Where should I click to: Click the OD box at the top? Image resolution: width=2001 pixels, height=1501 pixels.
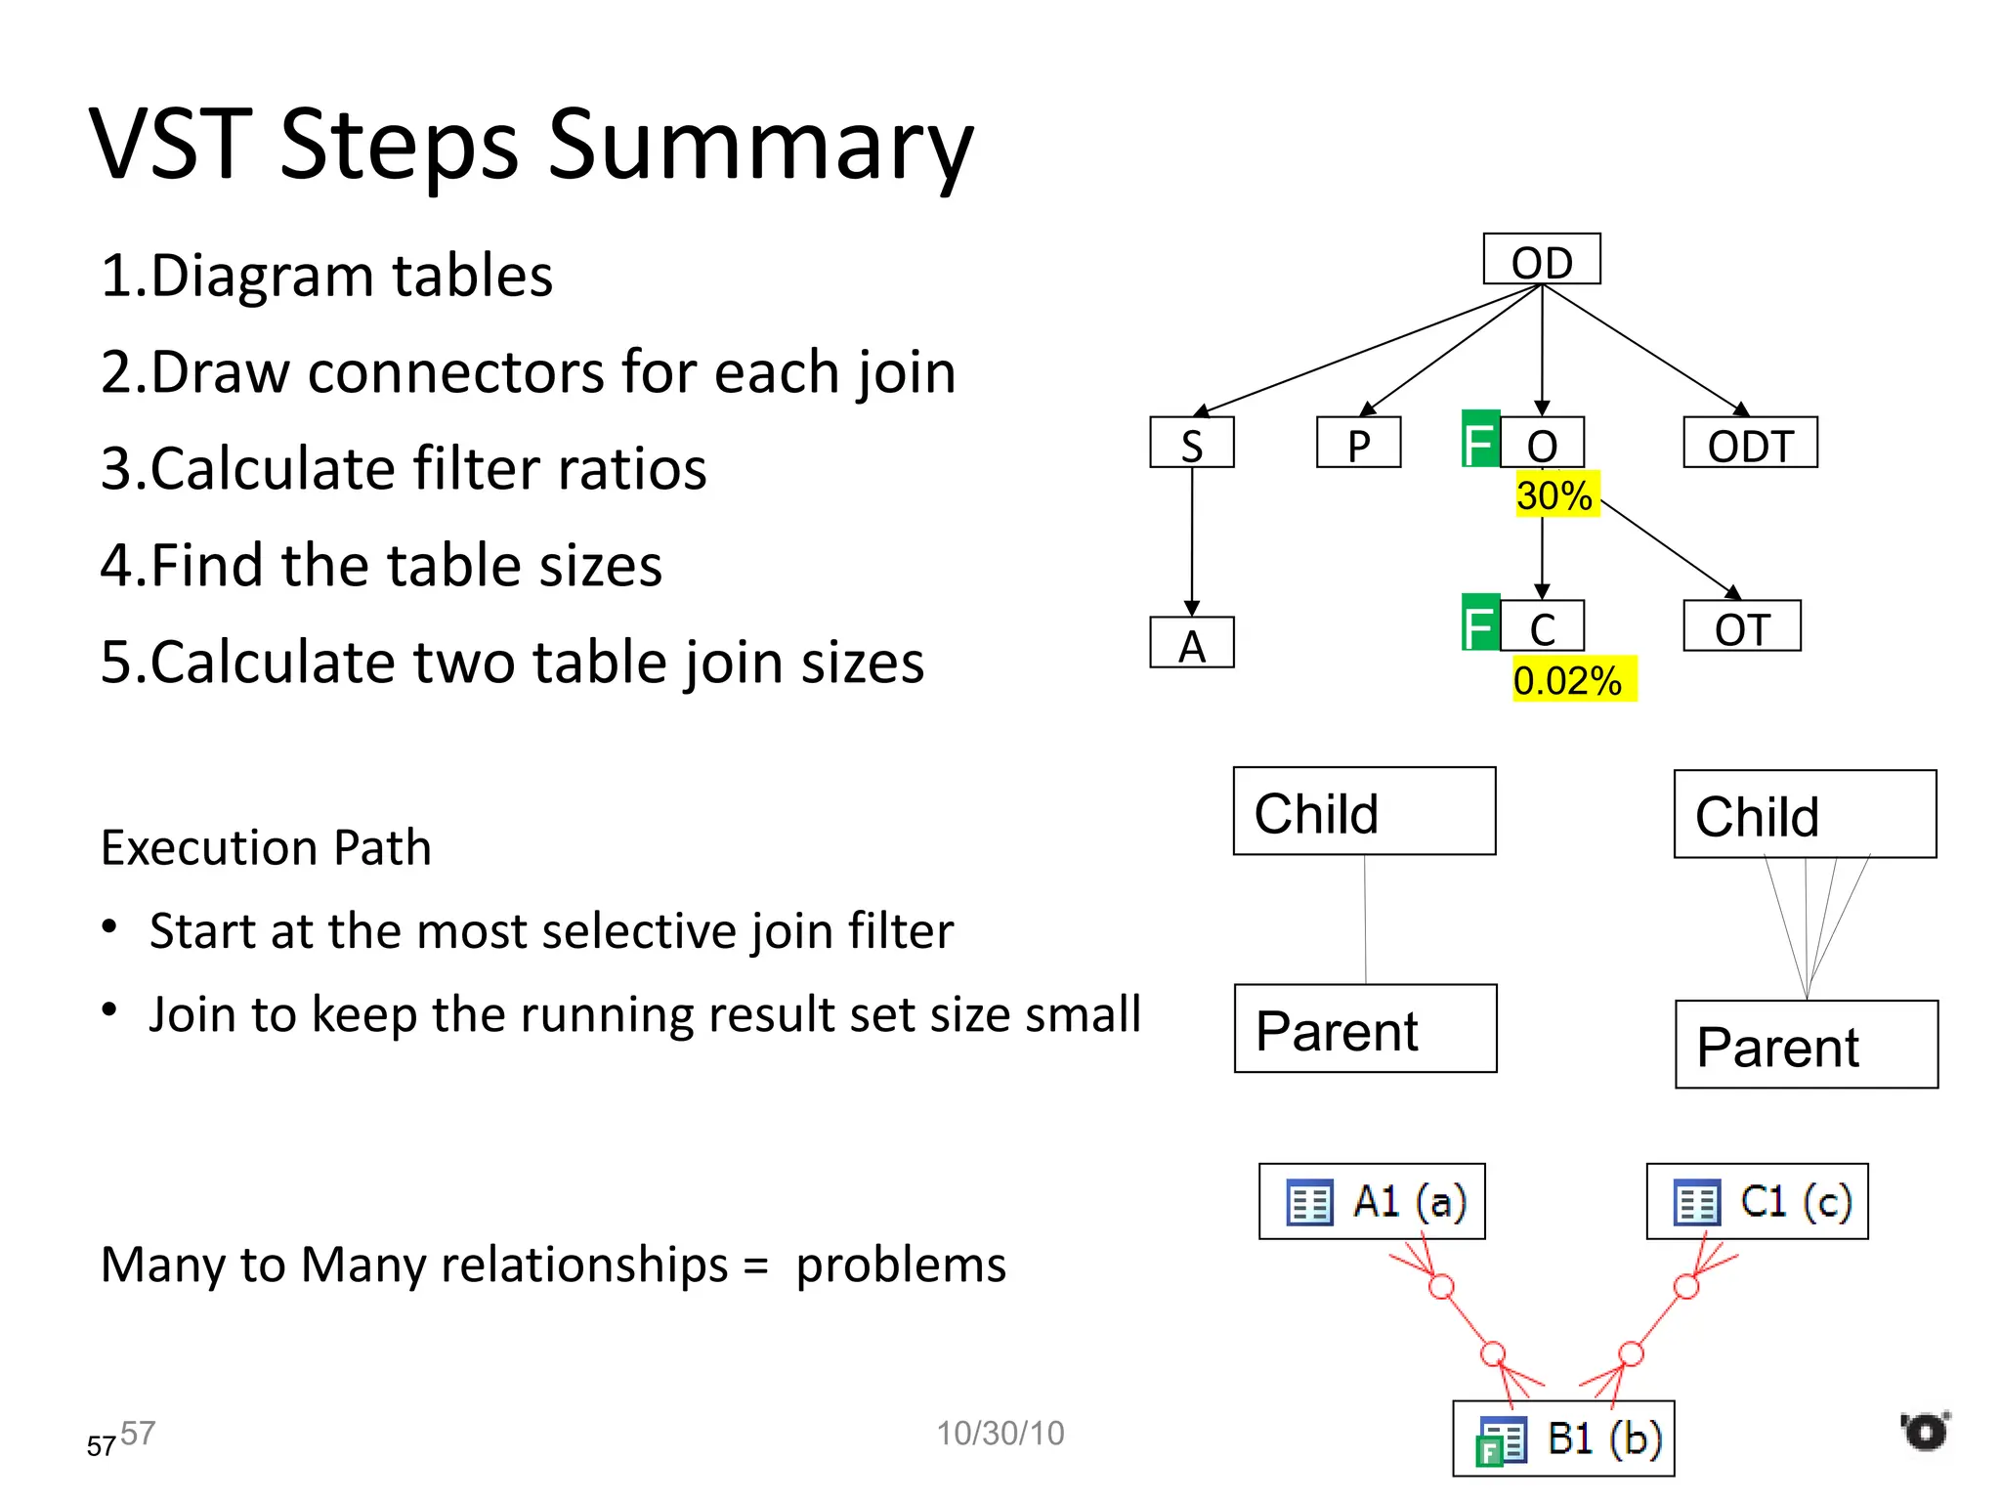click(1541, 259)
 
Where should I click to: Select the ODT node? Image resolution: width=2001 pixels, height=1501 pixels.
click(1749, 443)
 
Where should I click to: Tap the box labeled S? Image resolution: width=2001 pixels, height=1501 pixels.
click(1191, 443)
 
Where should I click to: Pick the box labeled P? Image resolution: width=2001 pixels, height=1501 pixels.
click(1358, 443)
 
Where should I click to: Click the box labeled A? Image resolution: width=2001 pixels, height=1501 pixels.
click(1191, 643)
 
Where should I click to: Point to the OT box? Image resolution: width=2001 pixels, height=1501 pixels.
click(1741, 626)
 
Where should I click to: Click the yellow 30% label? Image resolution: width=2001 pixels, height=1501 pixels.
click(1555, 494)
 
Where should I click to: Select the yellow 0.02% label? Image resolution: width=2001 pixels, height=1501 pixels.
click(1572, 679)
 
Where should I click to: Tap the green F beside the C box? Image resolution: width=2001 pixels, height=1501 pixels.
click(1479, 623)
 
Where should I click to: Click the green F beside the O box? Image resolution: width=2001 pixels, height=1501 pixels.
click(1479, 440)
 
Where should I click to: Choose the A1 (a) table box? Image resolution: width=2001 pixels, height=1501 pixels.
click(1371, 1201)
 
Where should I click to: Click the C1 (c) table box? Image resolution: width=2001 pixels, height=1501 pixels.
click(1757, 1201)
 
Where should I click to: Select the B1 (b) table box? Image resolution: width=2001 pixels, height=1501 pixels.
click(1563, 1438)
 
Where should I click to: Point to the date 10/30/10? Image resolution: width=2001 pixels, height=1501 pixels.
click(1000, 1433)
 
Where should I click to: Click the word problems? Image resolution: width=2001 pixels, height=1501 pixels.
click(900, 1265)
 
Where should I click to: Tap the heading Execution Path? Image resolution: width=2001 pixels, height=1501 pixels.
click(266, 847)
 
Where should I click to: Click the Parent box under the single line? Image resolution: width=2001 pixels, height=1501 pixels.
click(1365, 1028)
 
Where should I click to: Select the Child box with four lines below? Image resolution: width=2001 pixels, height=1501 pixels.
click(1805, 814)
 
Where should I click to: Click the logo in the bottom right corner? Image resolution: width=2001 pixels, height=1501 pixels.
click(1925, 1431)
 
